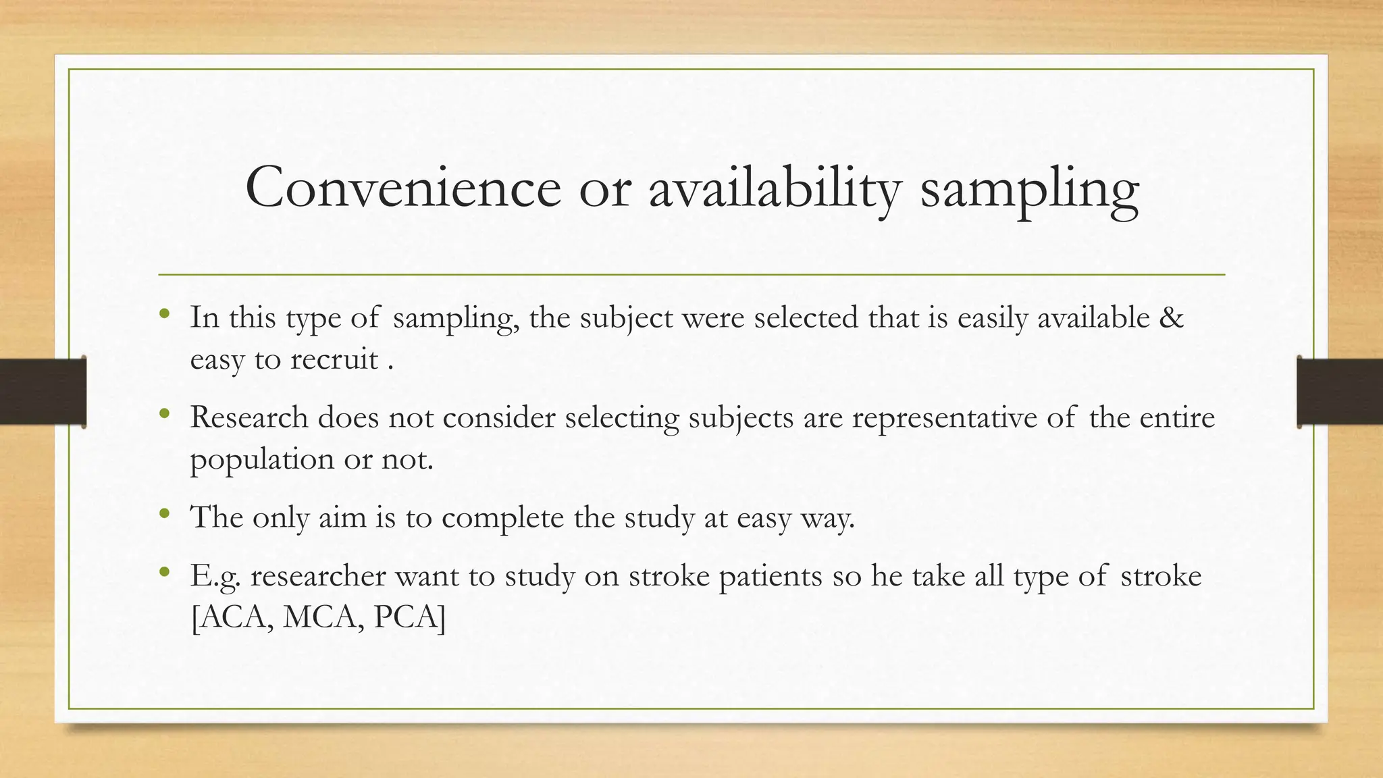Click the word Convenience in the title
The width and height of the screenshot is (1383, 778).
403,188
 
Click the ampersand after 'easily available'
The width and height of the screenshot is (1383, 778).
1172,317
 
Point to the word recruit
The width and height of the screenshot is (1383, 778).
334,359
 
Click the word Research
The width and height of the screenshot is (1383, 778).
249,417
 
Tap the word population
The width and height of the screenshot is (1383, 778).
262,461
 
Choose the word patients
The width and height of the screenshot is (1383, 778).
771,577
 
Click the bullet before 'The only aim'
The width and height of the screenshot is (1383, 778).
164,515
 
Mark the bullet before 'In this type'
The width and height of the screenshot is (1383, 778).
164,315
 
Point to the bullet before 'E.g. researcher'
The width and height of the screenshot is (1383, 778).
164,573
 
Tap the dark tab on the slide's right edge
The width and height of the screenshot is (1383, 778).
1340,392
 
